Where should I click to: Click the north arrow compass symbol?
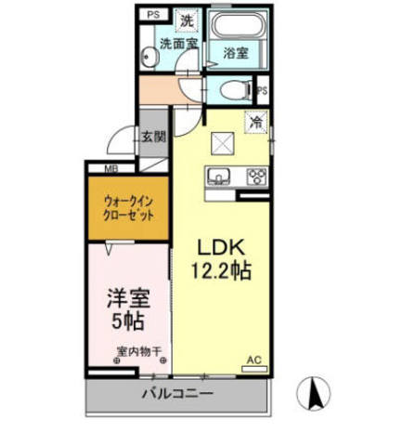click(x=315, y=394)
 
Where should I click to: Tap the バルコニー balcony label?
click(x=177, y=394)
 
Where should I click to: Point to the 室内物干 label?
click(x=140, y=352)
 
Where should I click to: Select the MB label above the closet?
click(x=110, y=168)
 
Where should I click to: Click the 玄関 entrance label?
click(x=153, y=137)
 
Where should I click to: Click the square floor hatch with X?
click(x=224, y=143)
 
